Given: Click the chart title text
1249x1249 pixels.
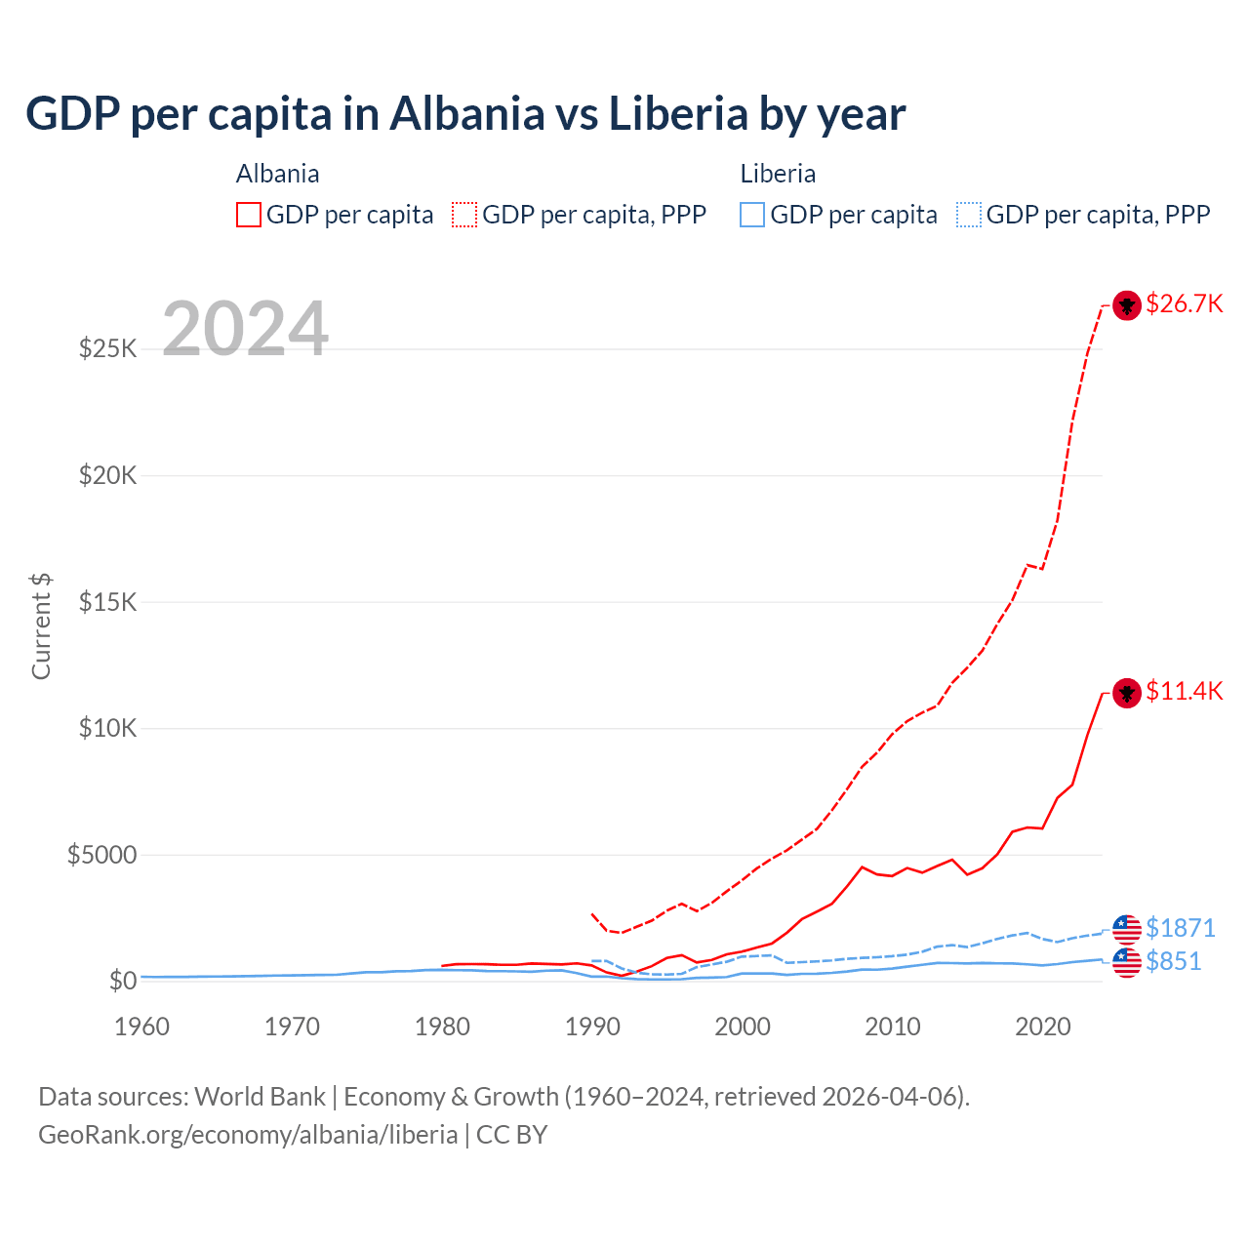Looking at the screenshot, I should (x=465, y=113).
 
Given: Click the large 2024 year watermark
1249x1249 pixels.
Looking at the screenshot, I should (x=245, y=329).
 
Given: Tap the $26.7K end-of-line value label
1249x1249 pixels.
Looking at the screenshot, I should (x=1184, y=303).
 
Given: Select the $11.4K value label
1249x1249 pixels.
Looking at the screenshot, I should (x=1184, y=691).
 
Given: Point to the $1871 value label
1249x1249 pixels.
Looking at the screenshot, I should (x=1180, y=927).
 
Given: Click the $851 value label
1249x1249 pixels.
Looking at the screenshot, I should (x=1173, y=961).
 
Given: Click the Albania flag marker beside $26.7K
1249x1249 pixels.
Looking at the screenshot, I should (x=1127, y=305).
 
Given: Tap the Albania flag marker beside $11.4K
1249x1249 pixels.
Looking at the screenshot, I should (x=1127, y=694).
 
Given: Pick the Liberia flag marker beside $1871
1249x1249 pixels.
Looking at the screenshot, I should (x=1127, y=929).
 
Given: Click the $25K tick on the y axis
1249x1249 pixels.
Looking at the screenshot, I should (x=108, y=348).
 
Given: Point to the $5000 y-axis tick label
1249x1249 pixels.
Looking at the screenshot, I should (x=101, y=855).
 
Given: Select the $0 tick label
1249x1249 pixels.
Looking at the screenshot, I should (x=123, y=981).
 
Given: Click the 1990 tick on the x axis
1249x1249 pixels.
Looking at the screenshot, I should (x=592, y=1027).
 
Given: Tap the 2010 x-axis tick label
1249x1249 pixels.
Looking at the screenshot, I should (x=893, y=1027).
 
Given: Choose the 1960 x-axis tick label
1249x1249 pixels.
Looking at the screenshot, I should (x=142, y=1027).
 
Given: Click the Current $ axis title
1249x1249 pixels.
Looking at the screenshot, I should (x=41, y=626).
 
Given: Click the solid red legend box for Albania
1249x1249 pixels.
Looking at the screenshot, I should (x=249, y=215).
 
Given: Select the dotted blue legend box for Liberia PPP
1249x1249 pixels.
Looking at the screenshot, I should (x=969, y=215).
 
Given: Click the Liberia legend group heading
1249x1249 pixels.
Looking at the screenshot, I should (x=778, y=174).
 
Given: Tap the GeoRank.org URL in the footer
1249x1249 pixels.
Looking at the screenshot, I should (x=248, y=1135).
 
